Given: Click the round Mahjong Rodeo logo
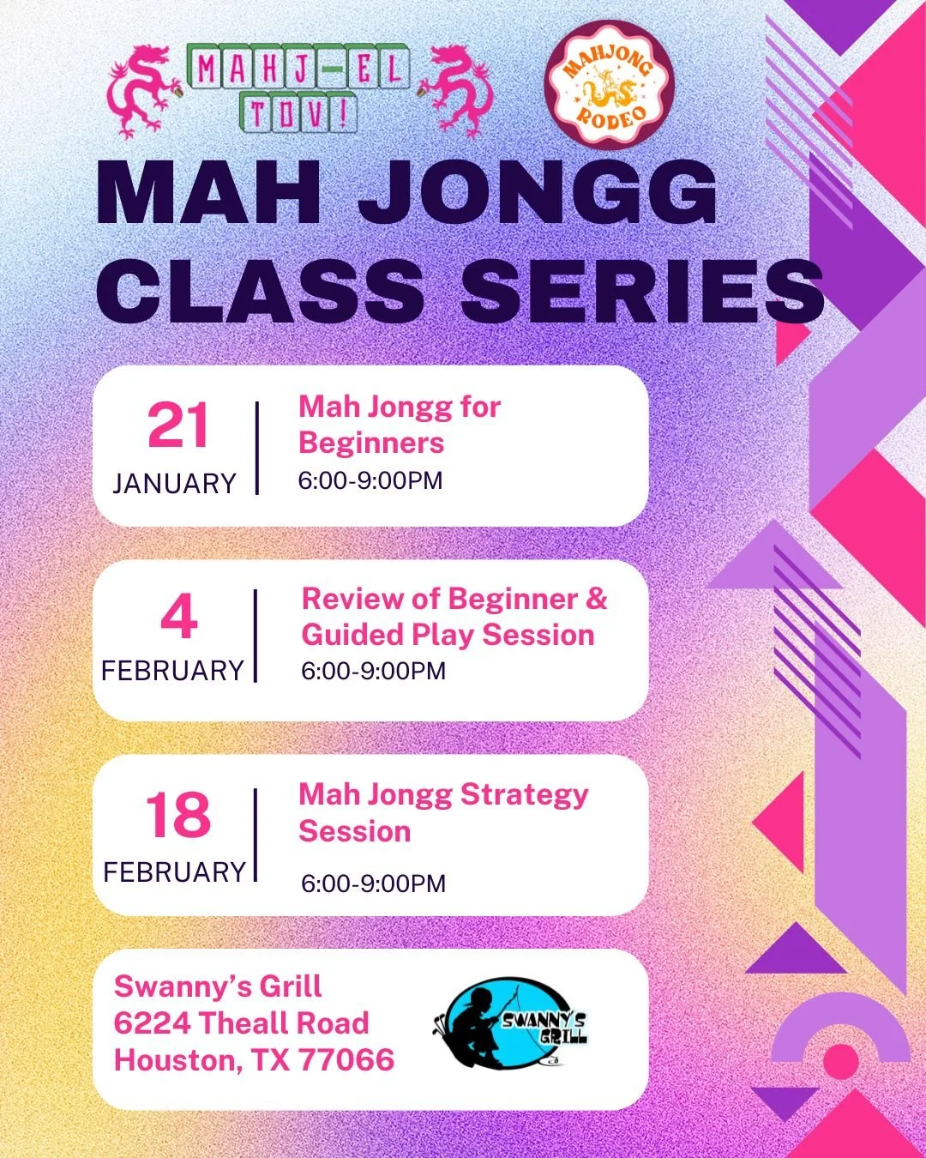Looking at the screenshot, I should click(610, 86).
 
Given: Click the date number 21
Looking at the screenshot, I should click(177, 426).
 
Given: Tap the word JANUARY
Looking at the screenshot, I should click(174, 484).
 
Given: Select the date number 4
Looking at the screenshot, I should click(178, 617).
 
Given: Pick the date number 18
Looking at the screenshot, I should click(177, 815).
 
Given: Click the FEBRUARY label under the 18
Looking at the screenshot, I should click(174, 872).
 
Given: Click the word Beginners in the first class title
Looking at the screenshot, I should click(371, 443).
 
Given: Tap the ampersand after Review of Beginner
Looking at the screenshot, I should click(596, 598).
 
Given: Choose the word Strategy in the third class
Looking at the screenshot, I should click(524, 795).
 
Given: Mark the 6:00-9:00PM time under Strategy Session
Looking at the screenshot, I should click(373, 884).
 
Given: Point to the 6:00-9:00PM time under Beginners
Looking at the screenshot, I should click(370, 481).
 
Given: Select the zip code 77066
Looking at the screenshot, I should click(346, 1060).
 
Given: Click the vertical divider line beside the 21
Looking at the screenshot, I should click(256, 448).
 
